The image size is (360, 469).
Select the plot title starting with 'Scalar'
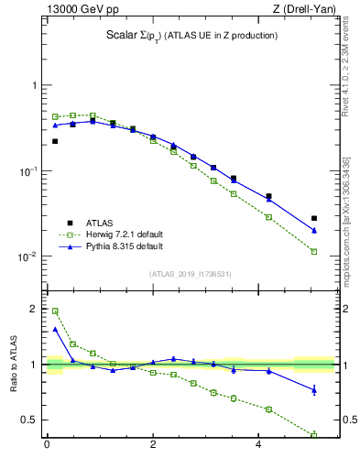pyautogui.click(x=191, y=36)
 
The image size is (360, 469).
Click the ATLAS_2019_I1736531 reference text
pyautogui.click(x=191, y=274)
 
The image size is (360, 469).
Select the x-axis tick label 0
pyautogui.click(x=47, y=446)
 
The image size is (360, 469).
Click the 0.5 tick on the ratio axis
pyautogui.click(x=33, y=420)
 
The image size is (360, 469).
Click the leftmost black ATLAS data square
pyautogui.click(x=55, y=141)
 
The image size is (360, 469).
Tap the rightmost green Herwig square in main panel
pyautogui.click(x=314, y=251)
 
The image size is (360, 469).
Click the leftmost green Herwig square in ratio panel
pyautogui.click(x=55, y=311)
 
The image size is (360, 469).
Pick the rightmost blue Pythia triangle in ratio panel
pyautogui.click(x=314, y=390)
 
